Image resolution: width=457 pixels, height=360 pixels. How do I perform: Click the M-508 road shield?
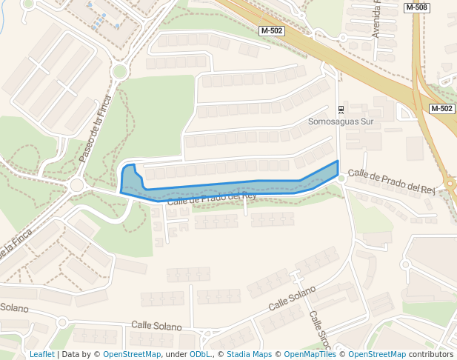pos(417,7)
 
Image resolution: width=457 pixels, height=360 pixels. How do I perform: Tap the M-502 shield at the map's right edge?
pos(441,109)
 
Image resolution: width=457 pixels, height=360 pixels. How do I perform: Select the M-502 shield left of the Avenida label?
pos(273,31)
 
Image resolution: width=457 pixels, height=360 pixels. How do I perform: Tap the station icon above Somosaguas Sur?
pos(341,110)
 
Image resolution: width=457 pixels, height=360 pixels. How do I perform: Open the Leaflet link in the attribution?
pos(41,355)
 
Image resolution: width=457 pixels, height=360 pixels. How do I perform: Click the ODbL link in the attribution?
pos(200,355)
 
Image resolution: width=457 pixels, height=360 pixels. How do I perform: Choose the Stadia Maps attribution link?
pos(248,355)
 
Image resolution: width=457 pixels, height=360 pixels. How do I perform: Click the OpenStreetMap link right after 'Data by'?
pos(132,355)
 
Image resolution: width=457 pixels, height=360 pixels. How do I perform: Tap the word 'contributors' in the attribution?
pos(431,355)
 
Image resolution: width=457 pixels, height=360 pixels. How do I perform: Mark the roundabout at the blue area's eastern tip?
pos(341,179)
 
